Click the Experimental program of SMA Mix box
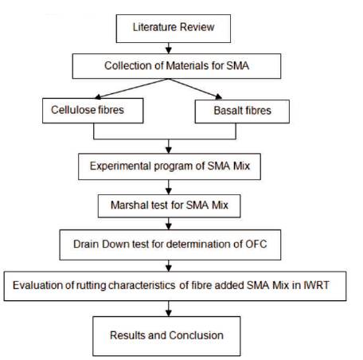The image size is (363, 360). (168, 168)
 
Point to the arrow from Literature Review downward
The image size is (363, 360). (168, 48)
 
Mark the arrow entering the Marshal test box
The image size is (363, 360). (168, 188)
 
